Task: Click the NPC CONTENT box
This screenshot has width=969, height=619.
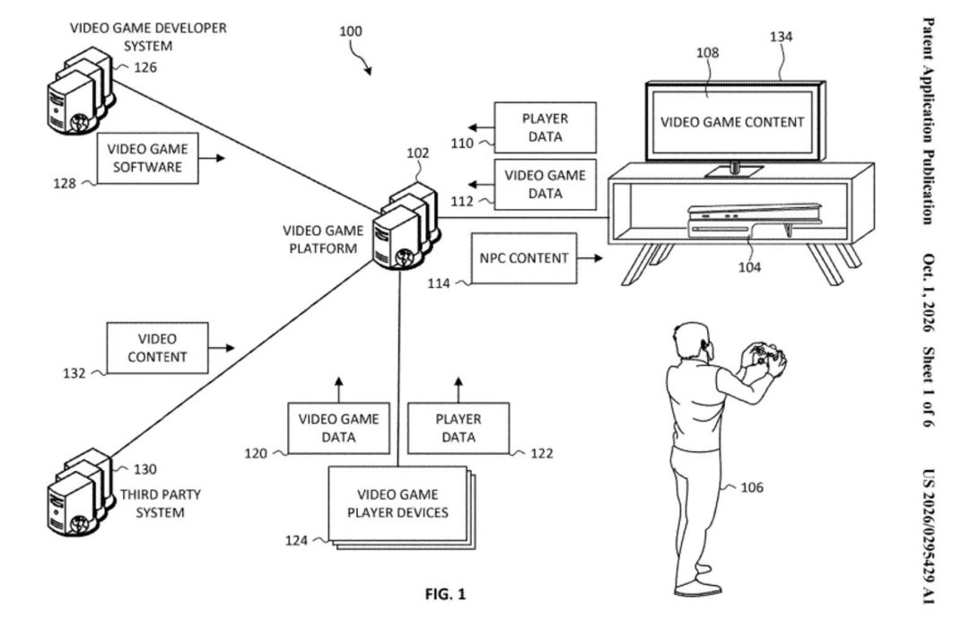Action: click(524, 258)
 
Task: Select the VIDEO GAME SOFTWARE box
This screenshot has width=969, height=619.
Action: click(148, 158)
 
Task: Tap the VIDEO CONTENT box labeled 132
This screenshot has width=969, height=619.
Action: click(158, 348)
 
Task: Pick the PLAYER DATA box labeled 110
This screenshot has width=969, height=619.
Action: click(546, 127)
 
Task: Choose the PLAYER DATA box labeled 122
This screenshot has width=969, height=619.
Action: click(458, 428)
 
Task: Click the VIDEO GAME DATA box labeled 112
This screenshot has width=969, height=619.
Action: click(546, 184)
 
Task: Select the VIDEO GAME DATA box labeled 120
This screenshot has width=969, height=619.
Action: click(338, 428)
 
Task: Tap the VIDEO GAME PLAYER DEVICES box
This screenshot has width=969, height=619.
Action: click(398, 503)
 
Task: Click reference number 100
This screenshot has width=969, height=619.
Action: click(351, 31)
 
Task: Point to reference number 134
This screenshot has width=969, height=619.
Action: click(781, 37)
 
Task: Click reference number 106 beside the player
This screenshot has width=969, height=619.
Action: click(752, 487)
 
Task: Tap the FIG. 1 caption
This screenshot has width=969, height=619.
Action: click(446, 594)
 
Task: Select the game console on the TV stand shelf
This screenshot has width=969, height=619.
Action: click(755, 222)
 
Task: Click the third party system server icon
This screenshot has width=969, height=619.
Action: click(81, 492)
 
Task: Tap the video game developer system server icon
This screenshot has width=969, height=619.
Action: click(81, 91)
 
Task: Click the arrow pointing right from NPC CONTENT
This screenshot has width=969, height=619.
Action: click(590, 257)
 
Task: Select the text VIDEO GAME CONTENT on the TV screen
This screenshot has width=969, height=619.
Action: click(732, 122)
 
